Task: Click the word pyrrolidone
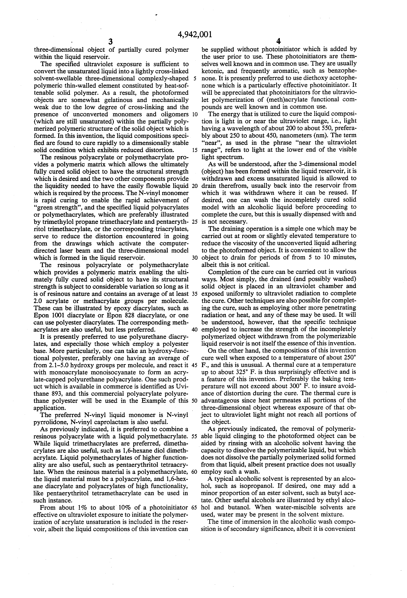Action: pos(51,422)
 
